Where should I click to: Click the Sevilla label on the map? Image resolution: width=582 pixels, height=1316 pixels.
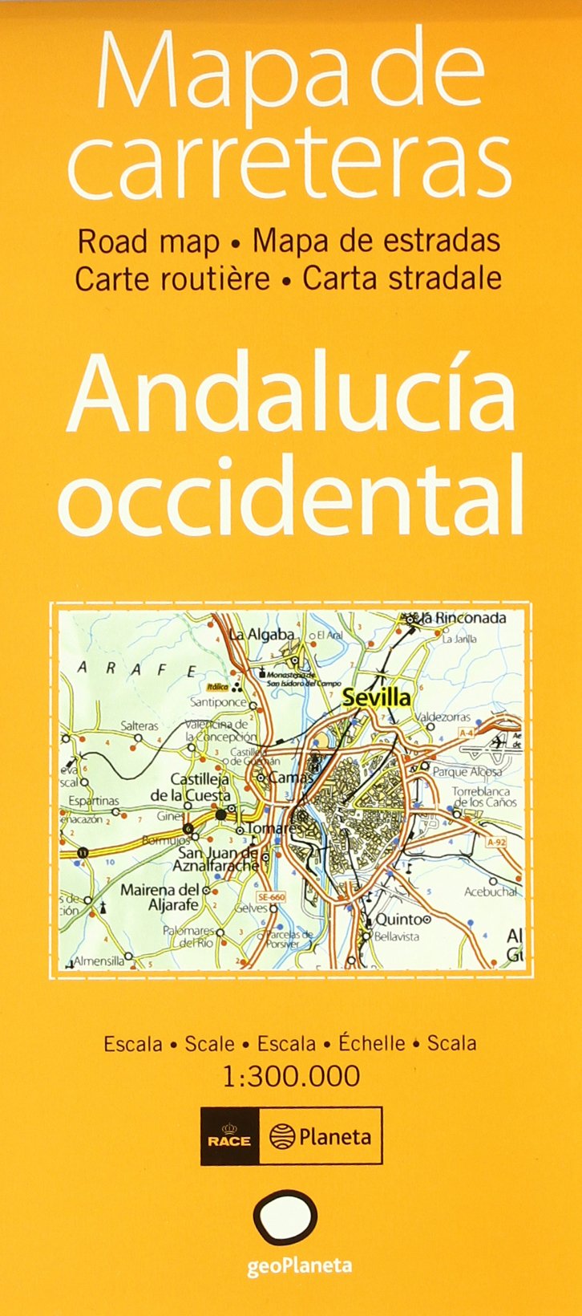click(376, 697)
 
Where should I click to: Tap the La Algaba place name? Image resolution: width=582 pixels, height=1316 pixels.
click(261, 635)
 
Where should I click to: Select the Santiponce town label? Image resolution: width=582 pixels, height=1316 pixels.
click(218, 701)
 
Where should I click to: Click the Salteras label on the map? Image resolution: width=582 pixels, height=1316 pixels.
click(139, 725)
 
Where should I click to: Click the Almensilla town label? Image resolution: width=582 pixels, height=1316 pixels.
click(99, 960)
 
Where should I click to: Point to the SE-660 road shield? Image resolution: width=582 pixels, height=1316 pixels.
click(272, 896)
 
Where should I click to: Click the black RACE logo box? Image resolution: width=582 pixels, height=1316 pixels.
click(229, 1135)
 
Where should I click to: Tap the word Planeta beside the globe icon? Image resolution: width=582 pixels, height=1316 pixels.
click(334, 1136)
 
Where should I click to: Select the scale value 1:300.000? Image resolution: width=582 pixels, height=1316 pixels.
click(291, 1076)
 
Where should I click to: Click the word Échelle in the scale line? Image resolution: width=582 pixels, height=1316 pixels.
click(371, 1043)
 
